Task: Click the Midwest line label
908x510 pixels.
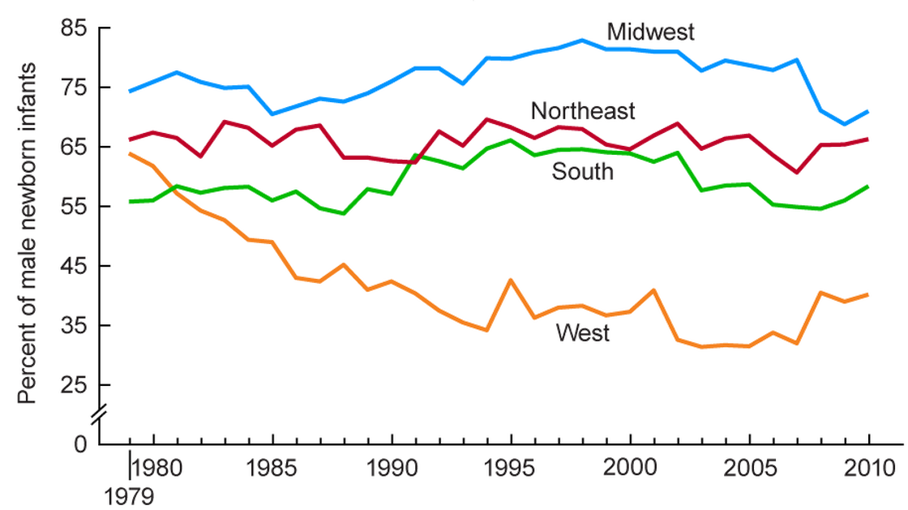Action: (652, 32)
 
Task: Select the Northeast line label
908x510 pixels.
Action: (583, 110)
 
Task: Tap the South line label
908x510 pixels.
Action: (582, 171)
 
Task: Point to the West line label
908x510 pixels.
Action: (582, 332)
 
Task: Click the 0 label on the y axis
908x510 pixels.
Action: (79, 444)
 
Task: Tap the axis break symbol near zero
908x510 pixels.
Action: (97, 415)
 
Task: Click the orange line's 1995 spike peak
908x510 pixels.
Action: (511, 280)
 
